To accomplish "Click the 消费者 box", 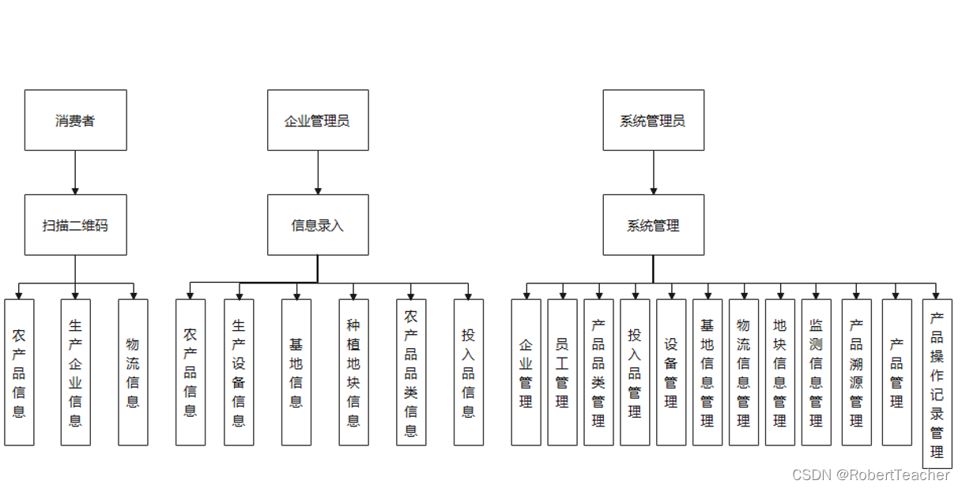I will coord(75,120).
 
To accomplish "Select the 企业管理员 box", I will coord(318,120).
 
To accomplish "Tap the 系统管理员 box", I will coord(653,120).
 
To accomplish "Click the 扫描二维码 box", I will coord(75,225).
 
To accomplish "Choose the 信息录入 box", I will coord(318,225).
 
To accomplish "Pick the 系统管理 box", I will coord(653,225).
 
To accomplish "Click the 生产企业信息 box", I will coord(76,372).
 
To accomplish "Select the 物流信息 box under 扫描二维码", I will coord(133,372).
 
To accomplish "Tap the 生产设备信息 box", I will coord(239,372).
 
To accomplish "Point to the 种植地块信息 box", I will coord(353,372).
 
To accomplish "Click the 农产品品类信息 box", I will coord(411,372).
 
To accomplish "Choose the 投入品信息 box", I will coord(469,372).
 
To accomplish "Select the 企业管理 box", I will coord(526,372).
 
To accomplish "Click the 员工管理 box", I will coord(562,372).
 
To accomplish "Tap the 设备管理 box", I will coord(671,372).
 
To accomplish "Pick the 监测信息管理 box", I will coord(816,372).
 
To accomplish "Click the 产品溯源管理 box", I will coord(856,372).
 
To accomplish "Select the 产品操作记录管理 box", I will coord(937,384).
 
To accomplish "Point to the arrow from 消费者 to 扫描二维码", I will coord(75,172).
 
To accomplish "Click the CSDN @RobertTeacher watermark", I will coord(870,475).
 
